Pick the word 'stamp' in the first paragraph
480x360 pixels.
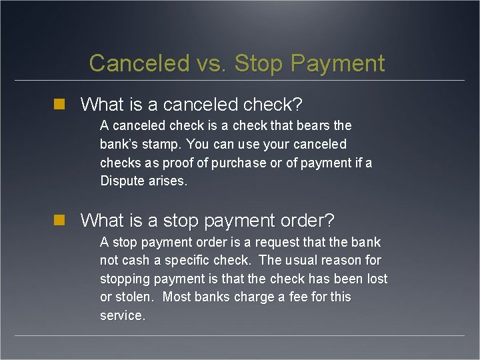click(x=161, y=144)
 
